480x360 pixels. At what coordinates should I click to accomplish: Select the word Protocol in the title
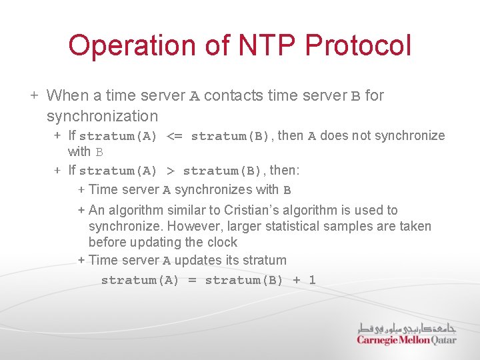click(x=359, y=45)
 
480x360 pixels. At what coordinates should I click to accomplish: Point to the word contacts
click(x=233, y=95)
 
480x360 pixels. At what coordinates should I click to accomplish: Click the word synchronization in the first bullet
click(x=102, y=116)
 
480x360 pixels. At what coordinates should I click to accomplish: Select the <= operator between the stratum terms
click(x=174, y=136)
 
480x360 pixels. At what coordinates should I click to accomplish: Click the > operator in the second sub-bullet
click(x=170, y=171)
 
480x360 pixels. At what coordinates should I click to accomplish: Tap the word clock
click(x=221, y=242)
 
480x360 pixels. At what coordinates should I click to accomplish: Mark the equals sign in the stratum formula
click(x=192, y=280)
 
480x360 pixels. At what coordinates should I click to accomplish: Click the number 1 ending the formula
click(x=312, y=280)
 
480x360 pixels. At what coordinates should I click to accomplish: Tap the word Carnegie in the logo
click(x=377, y=340)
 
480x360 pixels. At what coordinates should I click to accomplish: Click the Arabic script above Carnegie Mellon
click(x=407, y=328)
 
